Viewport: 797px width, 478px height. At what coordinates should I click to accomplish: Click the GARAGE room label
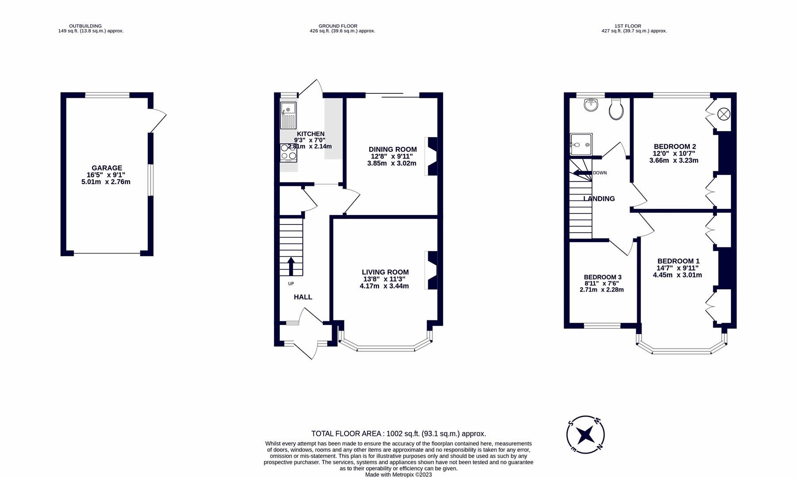(x=107, y=168)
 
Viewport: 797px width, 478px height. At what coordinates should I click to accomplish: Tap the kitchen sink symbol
(x=288, y=115)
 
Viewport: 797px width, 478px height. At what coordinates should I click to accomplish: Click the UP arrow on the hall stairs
(x=291, y=266)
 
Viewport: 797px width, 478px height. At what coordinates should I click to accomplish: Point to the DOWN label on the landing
(x=600, y=173)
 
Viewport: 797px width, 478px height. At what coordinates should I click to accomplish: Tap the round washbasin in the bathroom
(x=591, y=105)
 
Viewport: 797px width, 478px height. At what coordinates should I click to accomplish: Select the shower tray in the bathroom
(x=581, y=144)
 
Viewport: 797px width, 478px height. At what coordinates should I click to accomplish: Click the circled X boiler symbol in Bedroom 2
(x=723, y=114)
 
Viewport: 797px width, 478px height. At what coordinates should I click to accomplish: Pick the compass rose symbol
(x=585, y=435)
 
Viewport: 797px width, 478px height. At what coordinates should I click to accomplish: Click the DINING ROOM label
(x=392, y=150)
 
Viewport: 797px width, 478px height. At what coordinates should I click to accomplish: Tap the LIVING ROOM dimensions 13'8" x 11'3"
(x=384, y=279)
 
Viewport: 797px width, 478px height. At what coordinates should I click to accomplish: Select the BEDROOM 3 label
(x=602, y=277)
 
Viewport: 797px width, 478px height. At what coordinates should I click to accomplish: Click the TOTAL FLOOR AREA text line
(x=398, y=434)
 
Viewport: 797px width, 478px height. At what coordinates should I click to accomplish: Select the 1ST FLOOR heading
(x=627, y=26)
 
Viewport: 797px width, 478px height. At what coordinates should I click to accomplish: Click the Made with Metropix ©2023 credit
(x=398, y=474)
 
